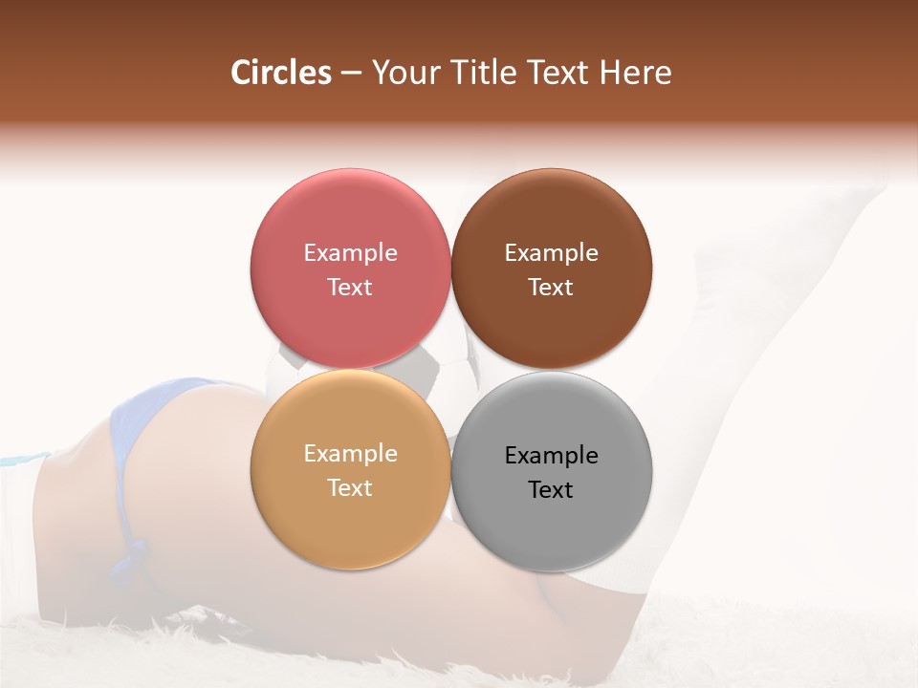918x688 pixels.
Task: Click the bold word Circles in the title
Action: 281,73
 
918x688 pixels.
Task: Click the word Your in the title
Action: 403,73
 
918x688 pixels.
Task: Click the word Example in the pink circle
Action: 350,252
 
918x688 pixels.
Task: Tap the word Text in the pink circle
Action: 350,287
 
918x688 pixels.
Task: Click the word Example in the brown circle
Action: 551,252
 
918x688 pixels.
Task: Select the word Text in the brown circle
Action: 551,287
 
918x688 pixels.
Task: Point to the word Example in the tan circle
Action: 350,453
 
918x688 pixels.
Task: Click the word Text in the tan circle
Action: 350,487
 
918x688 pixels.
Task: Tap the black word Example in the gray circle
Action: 551,455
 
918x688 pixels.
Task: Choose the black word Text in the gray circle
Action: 551,489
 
